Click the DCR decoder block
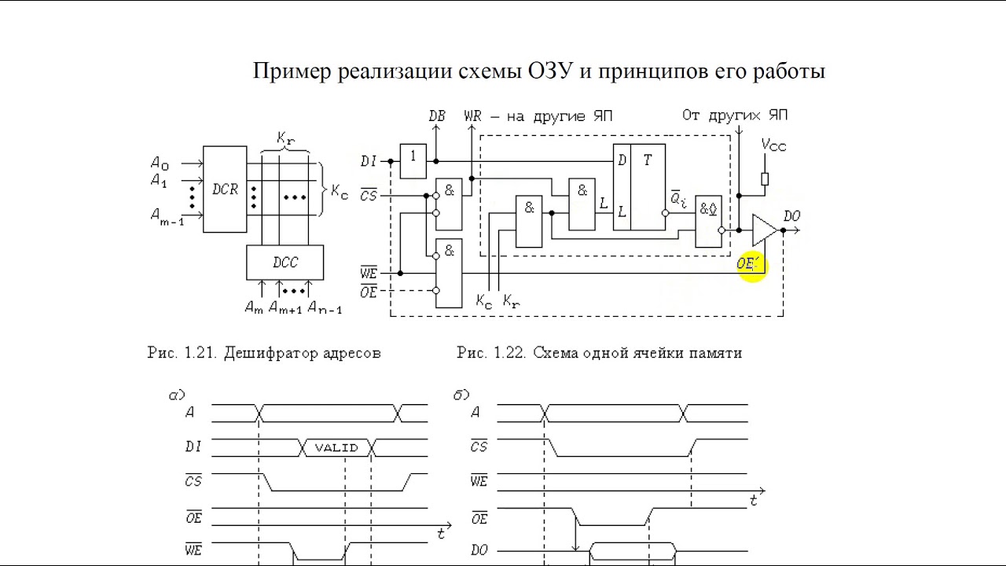point(224,189)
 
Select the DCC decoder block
point(285,263)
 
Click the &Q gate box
point(709,220)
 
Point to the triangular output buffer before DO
point(763,230)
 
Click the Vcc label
point(773,145)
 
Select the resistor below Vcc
point(765,179)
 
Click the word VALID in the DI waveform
point(336,448)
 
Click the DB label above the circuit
point(437,116)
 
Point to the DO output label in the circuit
point(792,215)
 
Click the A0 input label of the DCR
point(160,164)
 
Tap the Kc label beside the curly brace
point(340,192)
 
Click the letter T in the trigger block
point(648,160)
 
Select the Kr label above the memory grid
point(285,138)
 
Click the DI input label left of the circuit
point(369,161)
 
